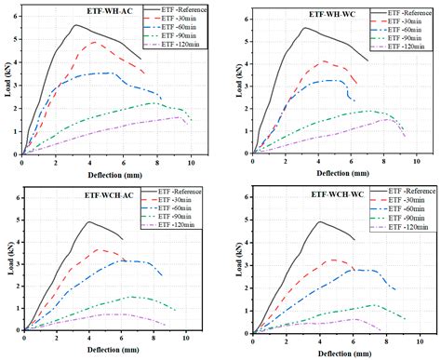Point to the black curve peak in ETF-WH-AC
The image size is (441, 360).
pos(74,25)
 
